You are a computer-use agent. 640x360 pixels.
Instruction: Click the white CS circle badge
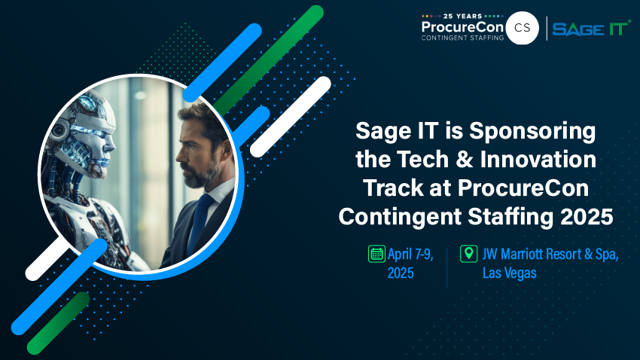[522, 28]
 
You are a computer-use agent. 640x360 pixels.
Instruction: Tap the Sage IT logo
[591, 29]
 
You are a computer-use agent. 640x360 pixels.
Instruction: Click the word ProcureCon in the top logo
[462, 27]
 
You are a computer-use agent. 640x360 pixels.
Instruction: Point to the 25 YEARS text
[462, 16]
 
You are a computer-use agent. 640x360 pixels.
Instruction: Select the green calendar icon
[376, 254]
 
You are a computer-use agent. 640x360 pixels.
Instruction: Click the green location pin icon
[468, 254]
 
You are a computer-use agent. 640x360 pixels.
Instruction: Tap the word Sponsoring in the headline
[532, 132]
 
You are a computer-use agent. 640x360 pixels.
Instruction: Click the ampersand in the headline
[464, 159]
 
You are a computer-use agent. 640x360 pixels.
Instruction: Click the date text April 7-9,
[410, 255]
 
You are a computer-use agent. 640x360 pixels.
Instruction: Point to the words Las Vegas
[510, 273]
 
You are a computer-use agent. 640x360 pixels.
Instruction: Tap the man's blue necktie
[200, 224]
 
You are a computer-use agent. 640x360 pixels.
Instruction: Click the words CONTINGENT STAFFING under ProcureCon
[462, 38]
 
